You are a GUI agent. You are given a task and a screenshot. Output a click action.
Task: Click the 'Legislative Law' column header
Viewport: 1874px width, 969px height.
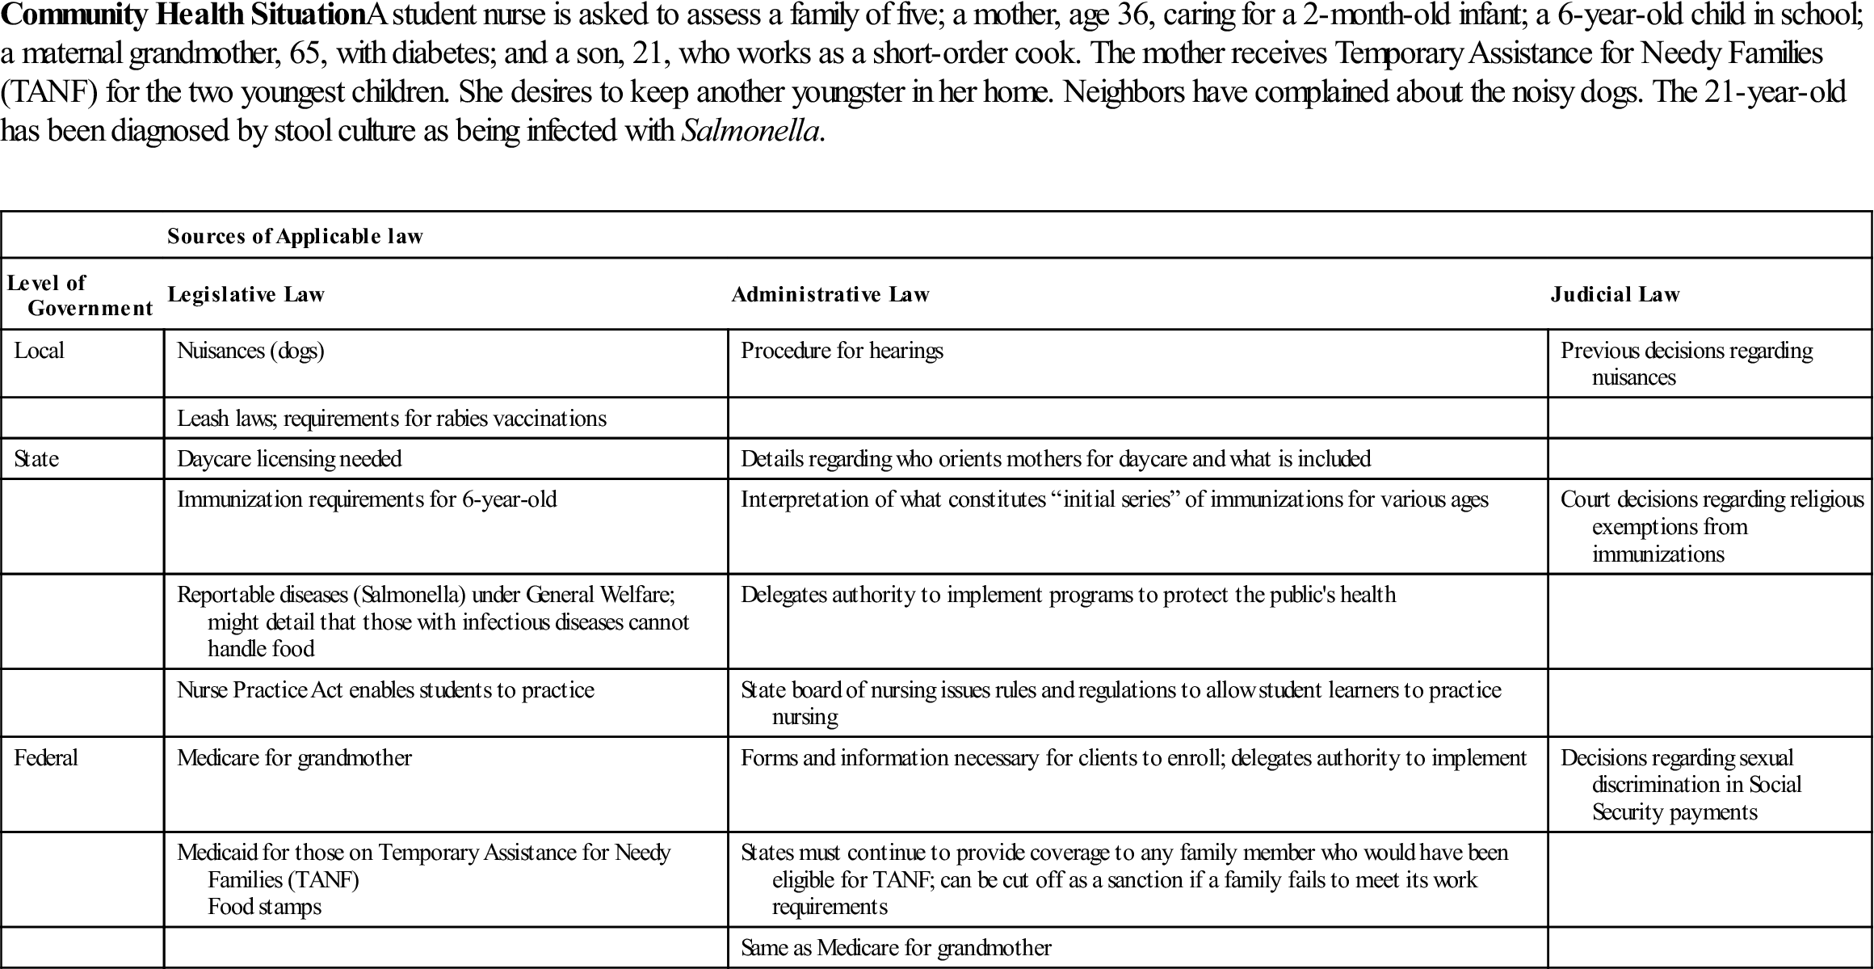(246, 294)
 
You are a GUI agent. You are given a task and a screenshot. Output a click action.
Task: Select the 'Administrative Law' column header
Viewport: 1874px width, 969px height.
(830, 294)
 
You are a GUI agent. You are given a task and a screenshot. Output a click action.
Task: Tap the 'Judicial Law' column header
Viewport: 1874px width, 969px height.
(1615, 294)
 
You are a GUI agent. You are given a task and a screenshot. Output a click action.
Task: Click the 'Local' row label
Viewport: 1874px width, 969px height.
(39, 351)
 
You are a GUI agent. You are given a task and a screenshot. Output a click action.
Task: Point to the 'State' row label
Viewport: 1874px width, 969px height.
(36, 459)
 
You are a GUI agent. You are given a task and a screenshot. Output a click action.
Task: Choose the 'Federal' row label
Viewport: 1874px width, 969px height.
(46, 758)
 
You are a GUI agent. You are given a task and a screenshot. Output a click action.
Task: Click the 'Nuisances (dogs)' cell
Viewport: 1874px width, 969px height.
(250, 351)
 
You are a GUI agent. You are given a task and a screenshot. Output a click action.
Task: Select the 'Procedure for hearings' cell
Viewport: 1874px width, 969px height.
(842, 351)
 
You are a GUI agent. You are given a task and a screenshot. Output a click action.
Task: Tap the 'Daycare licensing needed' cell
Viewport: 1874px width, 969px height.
(289, 459)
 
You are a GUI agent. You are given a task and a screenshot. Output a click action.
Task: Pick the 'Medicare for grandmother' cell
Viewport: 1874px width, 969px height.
(294, 758)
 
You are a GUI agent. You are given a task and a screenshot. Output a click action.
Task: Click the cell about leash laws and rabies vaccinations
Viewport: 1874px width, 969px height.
(392, 419)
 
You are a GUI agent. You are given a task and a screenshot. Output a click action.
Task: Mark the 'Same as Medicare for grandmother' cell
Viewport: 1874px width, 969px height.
(896, 948)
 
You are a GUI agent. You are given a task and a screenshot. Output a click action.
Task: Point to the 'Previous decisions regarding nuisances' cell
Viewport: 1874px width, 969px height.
(1686, 364)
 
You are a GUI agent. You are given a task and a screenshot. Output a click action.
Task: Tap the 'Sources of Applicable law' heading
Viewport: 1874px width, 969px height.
(295, 236)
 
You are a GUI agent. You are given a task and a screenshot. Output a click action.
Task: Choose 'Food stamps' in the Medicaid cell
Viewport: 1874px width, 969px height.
(264, 907)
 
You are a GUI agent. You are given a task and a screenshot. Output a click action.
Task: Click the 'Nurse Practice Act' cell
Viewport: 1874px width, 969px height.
(385, 690)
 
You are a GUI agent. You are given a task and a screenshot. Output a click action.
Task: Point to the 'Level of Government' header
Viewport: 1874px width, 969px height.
(79, 295)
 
